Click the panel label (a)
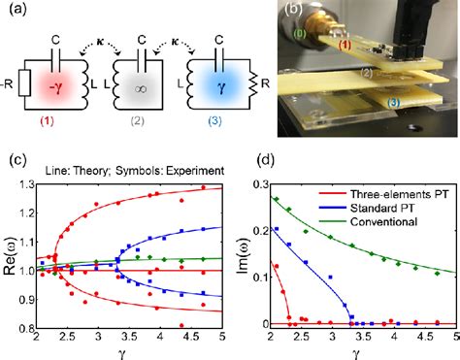pyautogui.click(x=14, y=12)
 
